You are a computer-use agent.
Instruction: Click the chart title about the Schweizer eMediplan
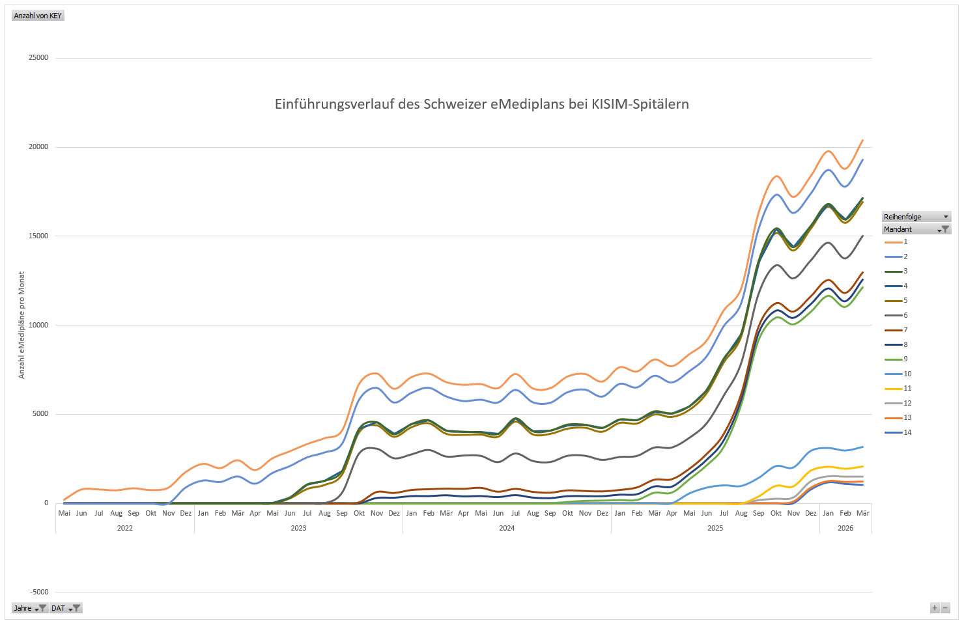pos(481,104)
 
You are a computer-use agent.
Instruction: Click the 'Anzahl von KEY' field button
pos(38,16)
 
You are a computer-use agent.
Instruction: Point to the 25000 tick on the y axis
pos(38,58)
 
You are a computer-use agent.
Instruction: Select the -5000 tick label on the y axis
pos(38,592)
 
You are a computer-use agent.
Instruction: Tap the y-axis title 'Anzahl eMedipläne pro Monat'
pos(21,325)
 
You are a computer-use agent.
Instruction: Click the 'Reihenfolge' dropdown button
pos(916,217)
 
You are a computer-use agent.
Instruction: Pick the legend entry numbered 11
pos(899,389)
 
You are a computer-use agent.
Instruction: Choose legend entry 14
pos(899,432)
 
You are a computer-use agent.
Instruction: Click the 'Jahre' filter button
pos(30,608)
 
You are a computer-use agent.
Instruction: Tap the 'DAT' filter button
pos(66,608)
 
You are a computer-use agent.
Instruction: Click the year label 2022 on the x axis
pos(125,528)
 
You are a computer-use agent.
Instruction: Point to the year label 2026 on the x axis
pos(845,528)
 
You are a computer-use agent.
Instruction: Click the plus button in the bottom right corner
pos(935,608)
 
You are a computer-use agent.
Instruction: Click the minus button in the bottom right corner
pos(946,608)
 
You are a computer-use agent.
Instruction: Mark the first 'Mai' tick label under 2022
pos(64,513)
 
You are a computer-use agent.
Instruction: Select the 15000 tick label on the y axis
pos(38,236)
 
